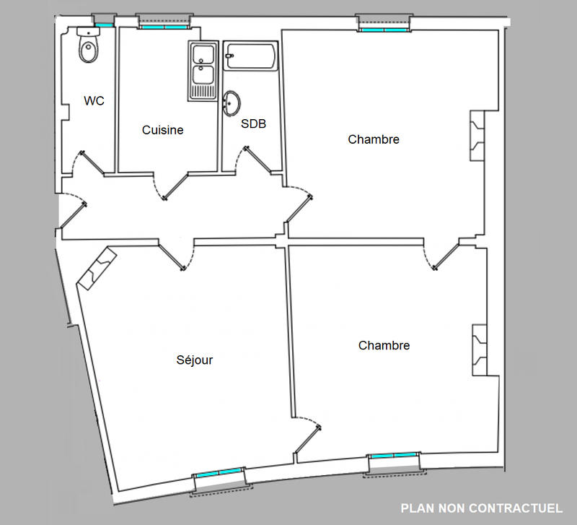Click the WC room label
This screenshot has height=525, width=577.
pyautogui.click(x=94, y=101)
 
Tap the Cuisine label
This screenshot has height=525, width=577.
pyautogui.click(x=162, y=131)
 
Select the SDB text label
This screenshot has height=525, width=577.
pyautogui.click(x=253, y=124)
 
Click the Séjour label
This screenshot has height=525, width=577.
pyautogui.click(x=195, y=360)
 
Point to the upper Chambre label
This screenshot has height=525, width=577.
pyautogui.click(x=373, y=139)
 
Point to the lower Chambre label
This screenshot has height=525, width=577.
pyautogui.click(x=384, y=346)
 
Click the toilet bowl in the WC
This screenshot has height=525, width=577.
pyautogui.click(x=88, y=48)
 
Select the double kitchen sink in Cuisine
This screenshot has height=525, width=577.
pyautogui.click(x=203, y=70)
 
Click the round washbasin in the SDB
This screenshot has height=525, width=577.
pyautogui.click(x=233, y=103)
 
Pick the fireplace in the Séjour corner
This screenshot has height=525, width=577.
pyautogui.click(x=95, y=268)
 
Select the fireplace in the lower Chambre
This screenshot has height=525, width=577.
pyautogui.click(x=480, y=350)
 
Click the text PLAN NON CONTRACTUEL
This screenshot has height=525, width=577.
pyautogui.click(x=481, y=508)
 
